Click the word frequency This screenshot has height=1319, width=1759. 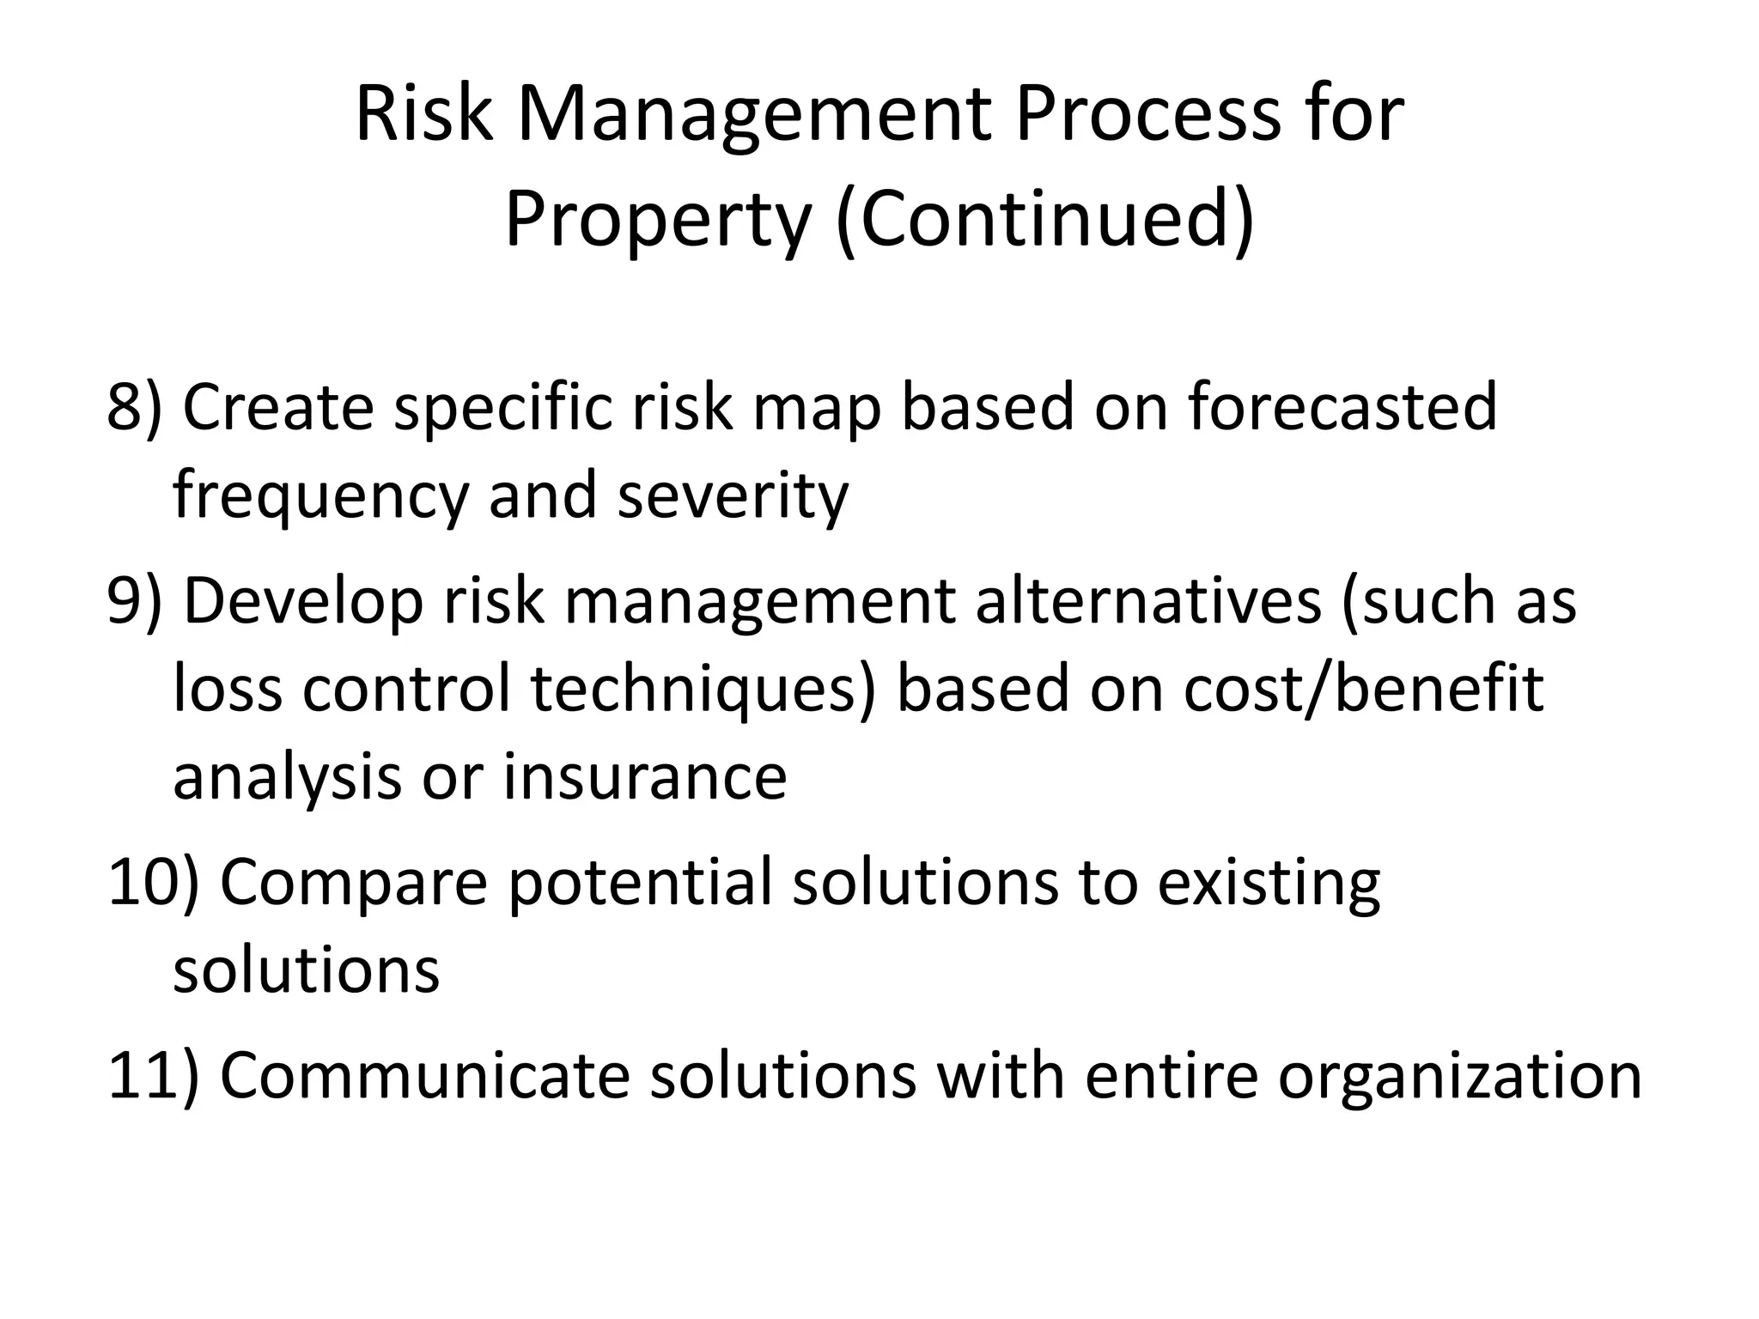point(321,498)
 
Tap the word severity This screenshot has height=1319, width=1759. point(733,498)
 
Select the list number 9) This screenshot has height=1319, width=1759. point(134,600)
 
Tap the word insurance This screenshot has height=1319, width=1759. point(645,777)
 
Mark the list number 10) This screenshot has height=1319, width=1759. point(153,882)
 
